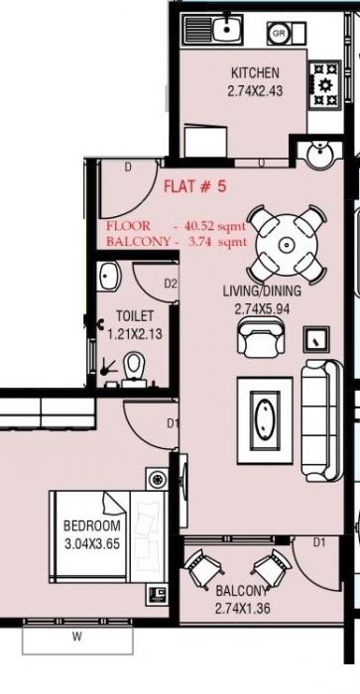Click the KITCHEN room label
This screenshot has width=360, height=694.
coord(255,72)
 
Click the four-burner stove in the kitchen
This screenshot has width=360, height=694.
coord(324,86)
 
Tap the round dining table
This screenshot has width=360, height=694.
coord(286,244)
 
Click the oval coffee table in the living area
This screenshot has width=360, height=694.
coord(265,413)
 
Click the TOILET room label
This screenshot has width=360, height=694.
coord(134,316)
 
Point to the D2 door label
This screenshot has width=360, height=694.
coord(171,284)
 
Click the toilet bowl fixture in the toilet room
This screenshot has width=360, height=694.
coord(136,367)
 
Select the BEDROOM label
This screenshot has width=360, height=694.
coord(91,525)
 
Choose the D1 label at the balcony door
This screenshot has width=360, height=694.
coord(319,542)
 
